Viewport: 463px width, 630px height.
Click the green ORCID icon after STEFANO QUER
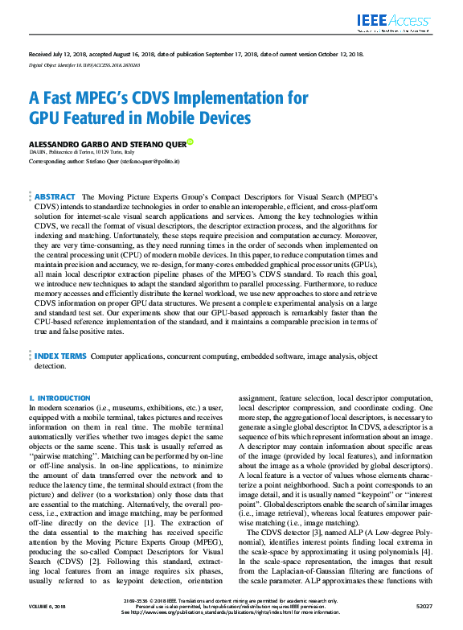point(191,142)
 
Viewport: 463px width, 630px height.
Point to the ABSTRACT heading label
point(55,196)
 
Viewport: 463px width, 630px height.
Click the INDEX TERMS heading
point(61,355)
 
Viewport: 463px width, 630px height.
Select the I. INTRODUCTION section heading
point(59,398)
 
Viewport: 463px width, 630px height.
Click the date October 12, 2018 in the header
point(334,53)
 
